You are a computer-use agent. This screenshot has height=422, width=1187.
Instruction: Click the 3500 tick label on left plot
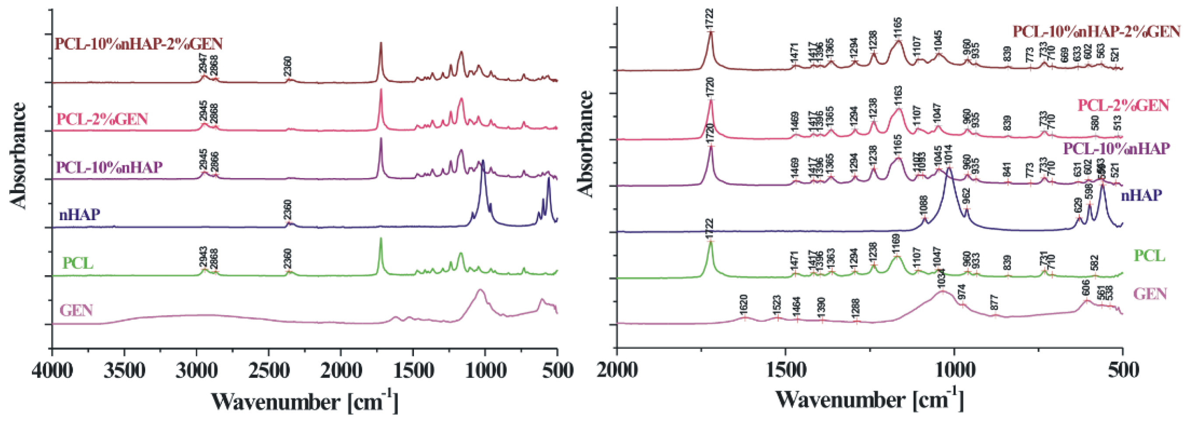(124, 371)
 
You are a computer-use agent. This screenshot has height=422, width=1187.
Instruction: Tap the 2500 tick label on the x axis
(269, 371)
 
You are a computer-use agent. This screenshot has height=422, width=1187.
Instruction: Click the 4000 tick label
(52, 371)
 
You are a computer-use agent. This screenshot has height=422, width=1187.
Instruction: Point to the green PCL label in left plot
(77, 264)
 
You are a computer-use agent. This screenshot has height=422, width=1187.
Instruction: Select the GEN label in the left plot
(77, 310)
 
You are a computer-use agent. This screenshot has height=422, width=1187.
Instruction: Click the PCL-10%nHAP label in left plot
(109, 166)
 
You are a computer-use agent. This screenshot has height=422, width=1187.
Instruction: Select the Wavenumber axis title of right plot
(869, 400)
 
